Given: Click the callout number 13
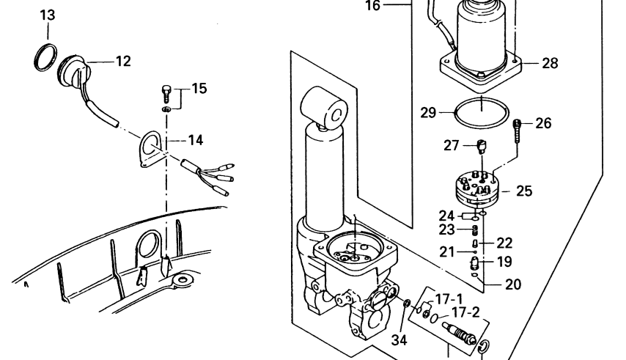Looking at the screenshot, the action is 48,15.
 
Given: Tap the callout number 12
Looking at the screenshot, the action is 123,61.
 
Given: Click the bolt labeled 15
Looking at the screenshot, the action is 166,93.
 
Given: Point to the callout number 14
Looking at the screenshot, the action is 195,140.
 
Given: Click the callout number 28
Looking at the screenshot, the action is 550,63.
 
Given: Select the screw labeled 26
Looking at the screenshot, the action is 518,130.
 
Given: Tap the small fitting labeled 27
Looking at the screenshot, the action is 482,147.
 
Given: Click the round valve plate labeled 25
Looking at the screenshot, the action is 477,188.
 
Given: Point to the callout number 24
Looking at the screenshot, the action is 446,216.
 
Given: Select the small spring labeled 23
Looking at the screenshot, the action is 475,230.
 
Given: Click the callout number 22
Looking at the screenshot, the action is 504,243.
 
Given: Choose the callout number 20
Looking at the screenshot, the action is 513,284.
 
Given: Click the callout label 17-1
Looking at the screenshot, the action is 449,299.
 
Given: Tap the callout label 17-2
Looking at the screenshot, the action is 465,312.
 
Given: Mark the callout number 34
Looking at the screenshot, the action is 399,340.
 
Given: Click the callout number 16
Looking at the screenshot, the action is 372,6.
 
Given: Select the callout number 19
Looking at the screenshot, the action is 504,262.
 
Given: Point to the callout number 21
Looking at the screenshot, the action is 446,252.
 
